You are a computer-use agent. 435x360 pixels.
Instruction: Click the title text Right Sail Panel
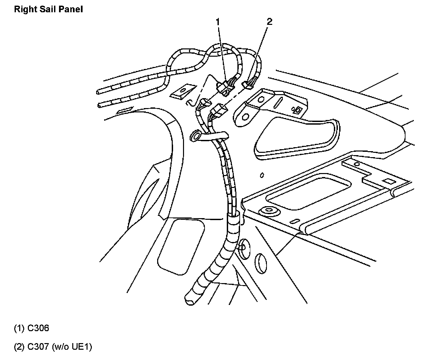tap(48, 9)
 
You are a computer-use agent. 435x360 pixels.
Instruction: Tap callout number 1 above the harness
tap(218, 22)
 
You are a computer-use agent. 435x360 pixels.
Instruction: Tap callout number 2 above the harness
tap(269, 22)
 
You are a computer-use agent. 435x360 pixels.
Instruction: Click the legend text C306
tap(38, 328)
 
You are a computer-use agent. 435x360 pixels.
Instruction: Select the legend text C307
tap(38, 347)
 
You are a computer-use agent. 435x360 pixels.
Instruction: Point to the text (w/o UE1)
tap(71, 347)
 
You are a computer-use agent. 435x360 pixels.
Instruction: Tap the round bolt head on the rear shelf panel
tap(266, 211)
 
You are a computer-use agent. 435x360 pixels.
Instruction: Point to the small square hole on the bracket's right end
tap(297, 109)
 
